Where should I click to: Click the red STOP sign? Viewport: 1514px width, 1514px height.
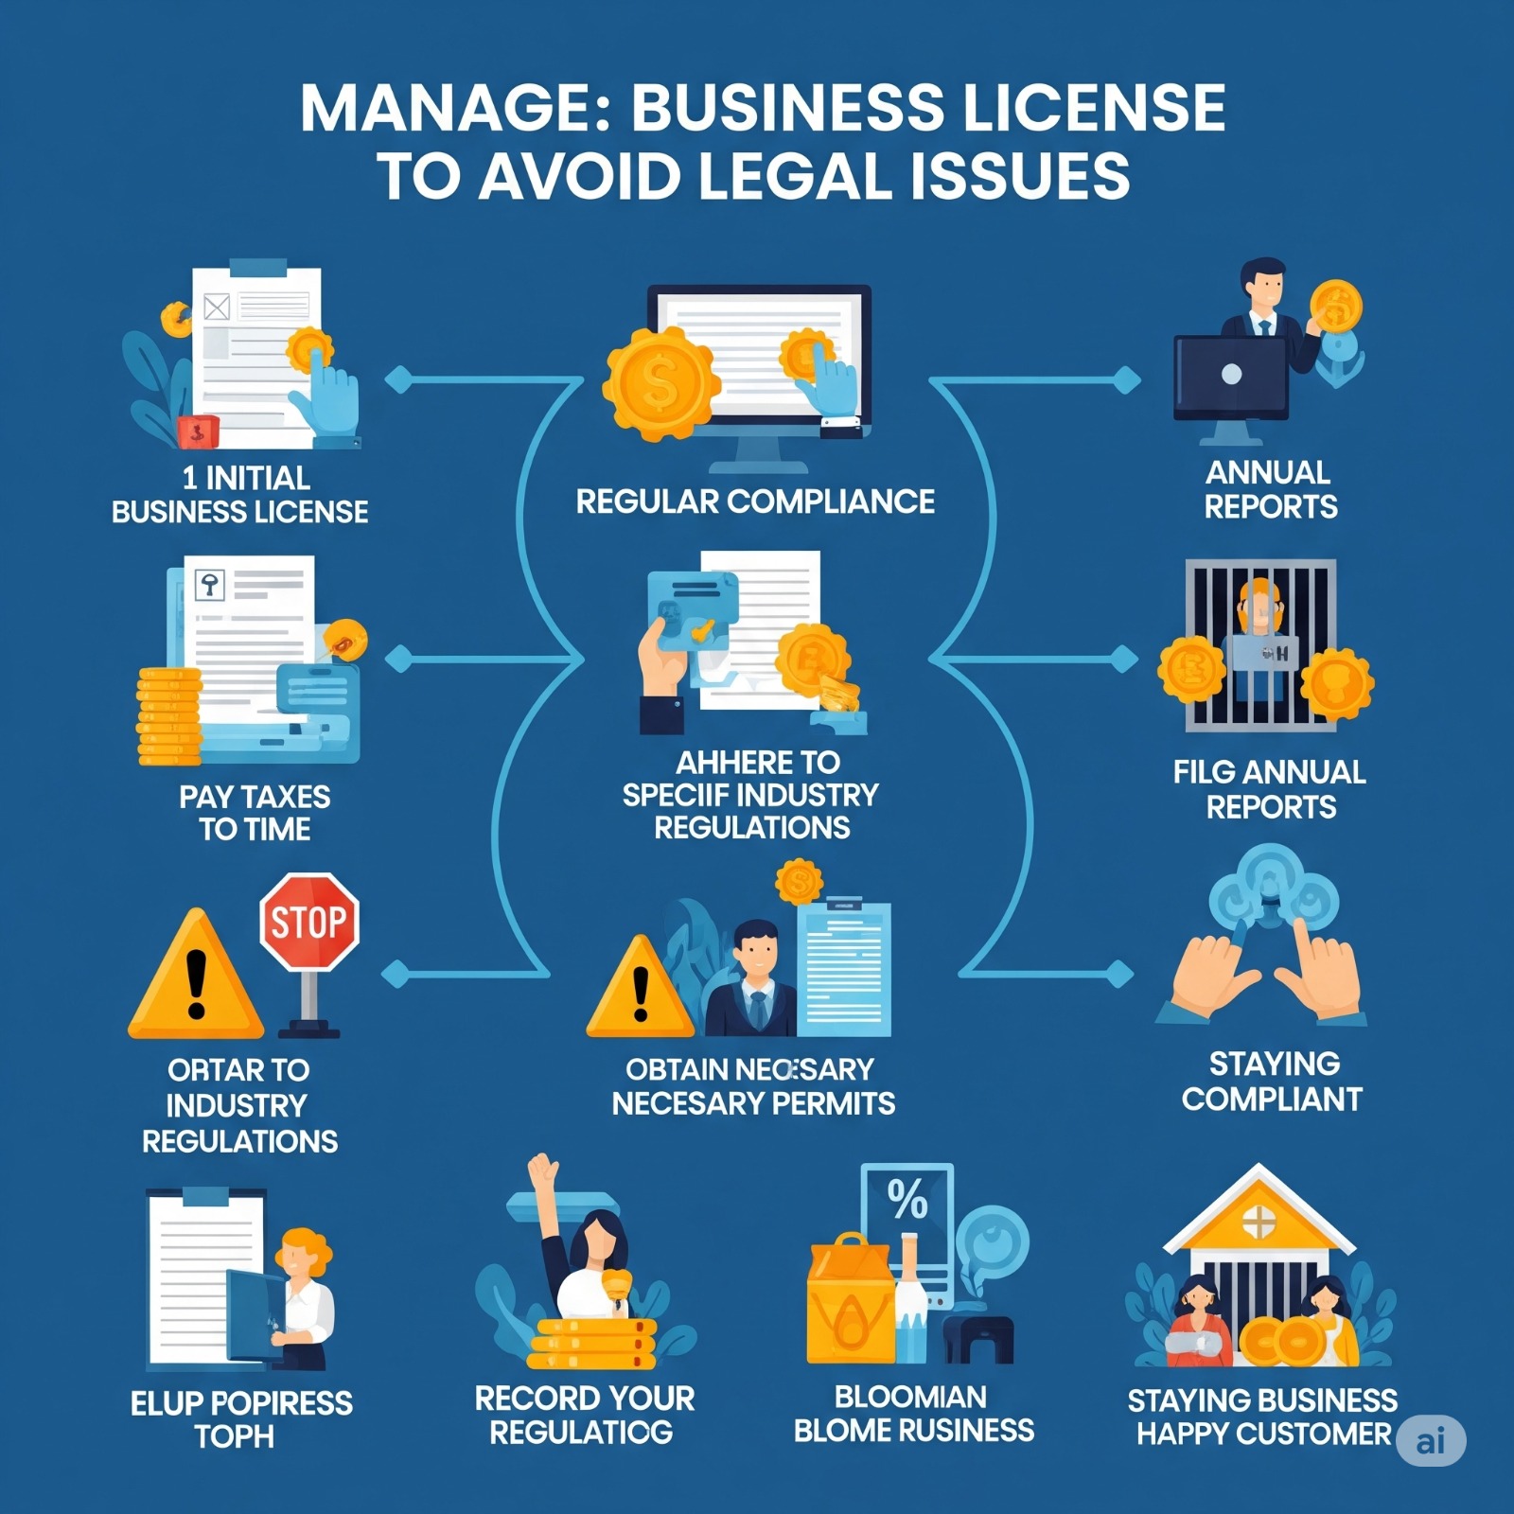(x=308, y=922)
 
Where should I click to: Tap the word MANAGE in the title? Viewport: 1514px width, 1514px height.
(x=455, y=109)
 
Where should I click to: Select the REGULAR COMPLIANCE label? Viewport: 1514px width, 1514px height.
(x=755, y=502)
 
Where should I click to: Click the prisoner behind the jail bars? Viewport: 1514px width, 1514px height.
(x=1259, y=634)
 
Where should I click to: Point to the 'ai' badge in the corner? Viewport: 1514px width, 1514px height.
(x=1431, y=1441)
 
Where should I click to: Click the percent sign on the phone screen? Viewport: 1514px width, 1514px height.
(x=907, y=1200)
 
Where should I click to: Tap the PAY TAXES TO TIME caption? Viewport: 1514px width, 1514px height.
(x=255, y=813)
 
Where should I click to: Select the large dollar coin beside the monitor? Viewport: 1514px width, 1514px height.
(x=660, y=382)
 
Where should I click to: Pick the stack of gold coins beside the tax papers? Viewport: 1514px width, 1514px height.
(x=169, y=716)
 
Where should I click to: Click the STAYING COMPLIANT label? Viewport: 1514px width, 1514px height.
(x=1272, y=1082)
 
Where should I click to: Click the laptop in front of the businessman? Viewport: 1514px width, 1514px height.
(x=1230, y=377)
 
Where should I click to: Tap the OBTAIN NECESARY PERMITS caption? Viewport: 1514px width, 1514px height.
(x=752, y=1086)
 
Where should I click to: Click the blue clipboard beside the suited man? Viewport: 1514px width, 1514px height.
(x=843, y=967)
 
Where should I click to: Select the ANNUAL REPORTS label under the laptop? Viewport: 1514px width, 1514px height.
(x=1270, y=489)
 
